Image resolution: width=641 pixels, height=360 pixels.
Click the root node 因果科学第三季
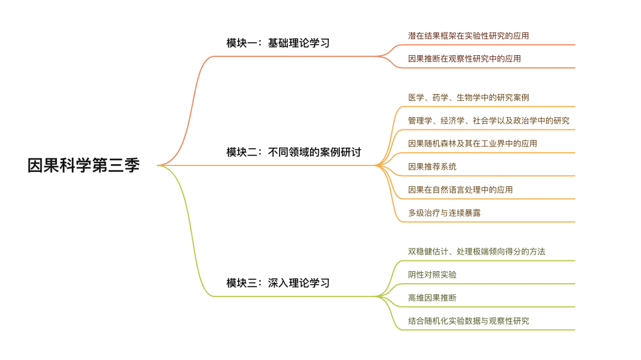[84, 165]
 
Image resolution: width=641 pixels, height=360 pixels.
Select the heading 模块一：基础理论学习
[278, 43]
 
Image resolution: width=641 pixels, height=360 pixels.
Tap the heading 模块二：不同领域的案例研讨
[293, 152]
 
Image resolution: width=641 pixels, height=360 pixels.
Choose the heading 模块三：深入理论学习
[278, 283]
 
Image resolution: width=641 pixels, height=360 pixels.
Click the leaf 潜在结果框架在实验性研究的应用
[468, 36]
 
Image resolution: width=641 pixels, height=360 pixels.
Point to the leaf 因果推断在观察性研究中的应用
[464, 59]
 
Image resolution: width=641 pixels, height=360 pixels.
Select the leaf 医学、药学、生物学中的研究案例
[468, 97]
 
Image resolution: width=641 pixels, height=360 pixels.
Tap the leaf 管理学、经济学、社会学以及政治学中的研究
[488, 120]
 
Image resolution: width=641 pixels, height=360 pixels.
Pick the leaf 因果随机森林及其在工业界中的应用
[472, 144]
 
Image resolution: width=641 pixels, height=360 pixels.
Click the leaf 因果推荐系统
[432, 167]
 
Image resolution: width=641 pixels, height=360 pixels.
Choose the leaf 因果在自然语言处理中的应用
[460, 190]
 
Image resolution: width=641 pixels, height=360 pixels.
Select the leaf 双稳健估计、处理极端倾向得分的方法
[477, 251]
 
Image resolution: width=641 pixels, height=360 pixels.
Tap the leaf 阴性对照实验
[432, 275]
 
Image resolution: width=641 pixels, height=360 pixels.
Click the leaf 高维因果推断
[432, 298]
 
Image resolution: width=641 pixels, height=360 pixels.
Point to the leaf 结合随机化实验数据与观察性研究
[468, 321]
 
